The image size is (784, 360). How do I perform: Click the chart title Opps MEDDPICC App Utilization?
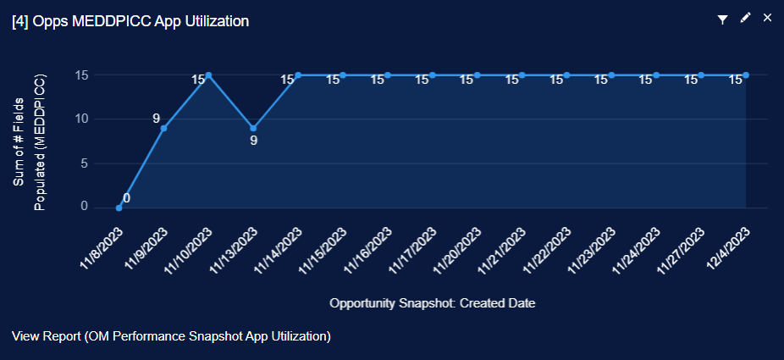coord(130,21)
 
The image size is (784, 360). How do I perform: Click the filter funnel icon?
coord(723,19)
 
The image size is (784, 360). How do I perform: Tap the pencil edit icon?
coord(745,18)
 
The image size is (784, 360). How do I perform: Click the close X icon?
coord(767,18)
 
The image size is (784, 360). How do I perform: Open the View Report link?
coord(171,336)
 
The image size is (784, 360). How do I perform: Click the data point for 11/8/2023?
coord(119,208)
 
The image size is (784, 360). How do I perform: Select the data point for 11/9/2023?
coord(163,128)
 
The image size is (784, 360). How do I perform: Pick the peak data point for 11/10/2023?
coord(208,75)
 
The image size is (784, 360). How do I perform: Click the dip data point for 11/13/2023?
coord(253,128)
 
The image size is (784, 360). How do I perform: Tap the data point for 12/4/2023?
coord(746,75)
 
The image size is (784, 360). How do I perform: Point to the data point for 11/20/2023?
coord(478,75)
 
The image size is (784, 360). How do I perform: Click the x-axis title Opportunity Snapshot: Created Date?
coord(433,302)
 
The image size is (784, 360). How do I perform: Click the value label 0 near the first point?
coord(126,198)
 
